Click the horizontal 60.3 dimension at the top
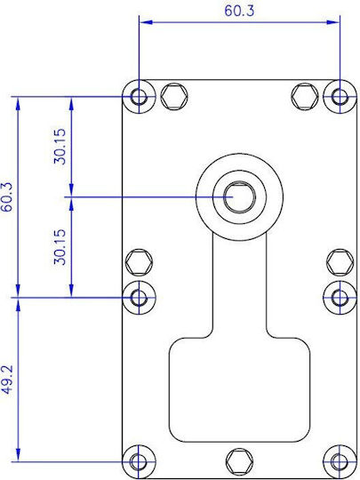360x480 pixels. click(239, 11)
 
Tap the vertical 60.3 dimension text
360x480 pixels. click(7, 197)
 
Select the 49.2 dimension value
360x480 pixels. click(7, 379)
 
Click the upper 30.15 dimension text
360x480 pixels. click(60, 147)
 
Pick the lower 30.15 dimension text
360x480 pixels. click(60, 247)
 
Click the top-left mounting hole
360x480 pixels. click(139, 97)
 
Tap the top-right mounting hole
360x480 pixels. click(340, 97)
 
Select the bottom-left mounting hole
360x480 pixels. click(139, 461)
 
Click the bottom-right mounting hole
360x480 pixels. click(340, 461)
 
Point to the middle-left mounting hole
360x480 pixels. click(139, 297)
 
